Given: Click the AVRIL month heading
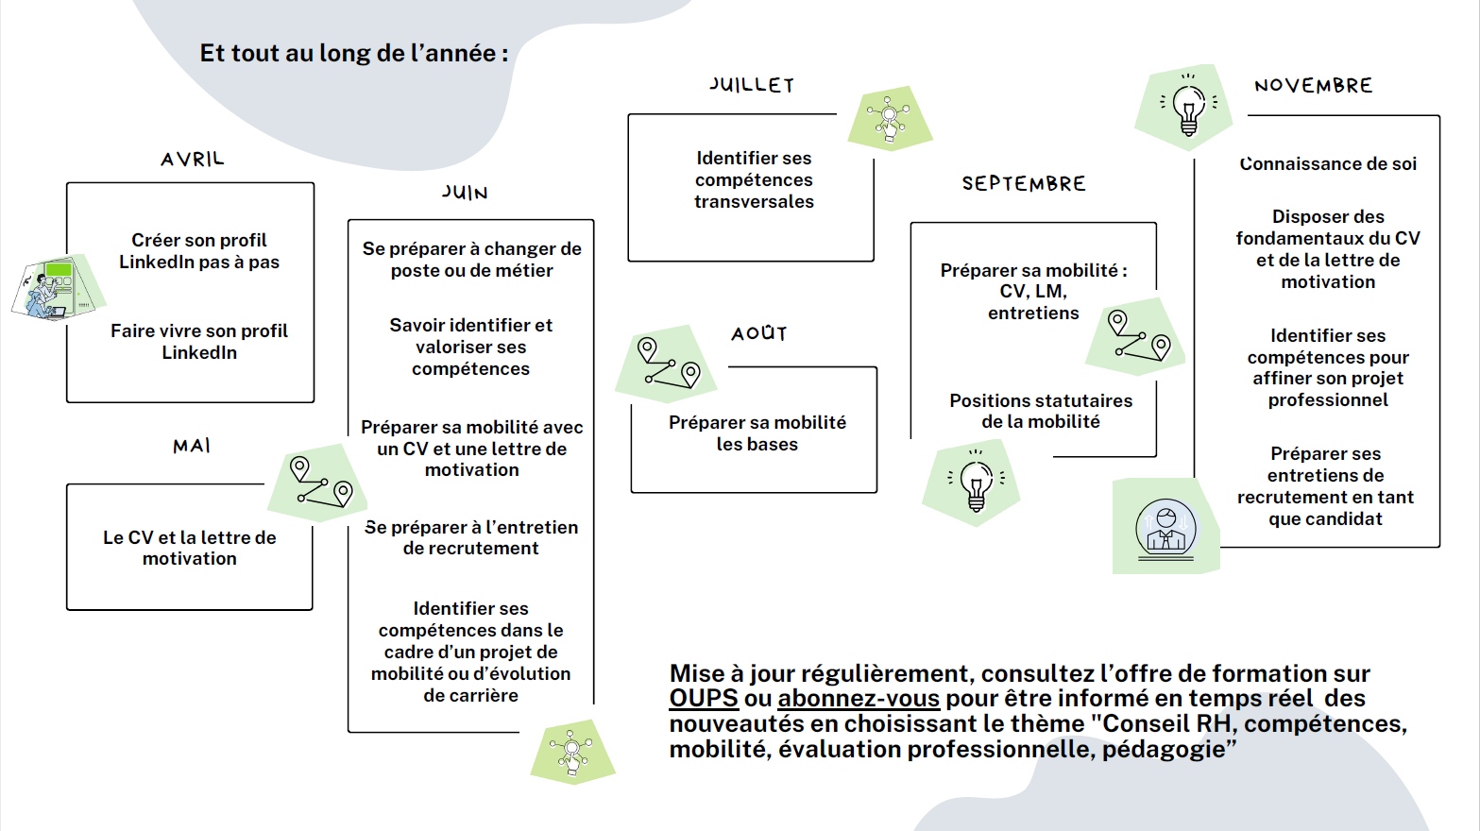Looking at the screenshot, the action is [193, 160].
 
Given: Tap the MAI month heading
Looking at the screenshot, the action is [192, 446].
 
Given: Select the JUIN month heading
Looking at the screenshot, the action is [465, 193].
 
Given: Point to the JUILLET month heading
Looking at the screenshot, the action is [751, 85].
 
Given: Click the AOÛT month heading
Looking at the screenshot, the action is [759, 333].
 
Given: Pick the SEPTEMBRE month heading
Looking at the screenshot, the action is [1024, 183].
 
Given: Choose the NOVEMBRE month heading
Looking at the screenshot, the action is [1314, 85].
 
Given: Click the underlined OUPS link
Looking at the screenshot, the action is [703, 698].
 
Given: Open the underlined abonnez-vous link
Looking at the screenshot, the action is [859, 698].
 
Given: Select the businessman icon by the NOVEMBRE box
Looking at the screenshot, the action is [1166, 527].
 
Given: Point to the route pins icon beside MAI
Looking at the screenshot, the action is [318, 483].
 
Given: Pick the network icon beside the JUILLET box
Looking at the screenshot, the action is [890, 118].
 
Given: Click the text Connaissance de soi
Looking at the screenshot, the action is [1328, 163].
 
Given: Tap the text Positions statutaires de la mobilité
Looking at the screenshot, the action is [1041, 411].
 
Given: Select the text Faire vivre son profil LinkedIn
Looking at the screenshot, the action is [199, 342].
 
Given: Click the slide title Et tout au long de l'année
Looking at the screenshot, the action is [354, 53].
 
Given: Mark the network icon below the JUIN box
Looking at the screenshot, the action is [573, 752].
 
